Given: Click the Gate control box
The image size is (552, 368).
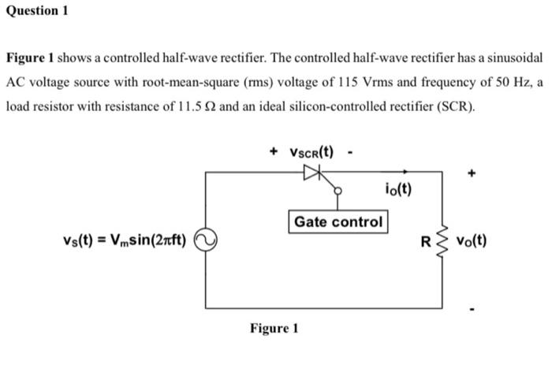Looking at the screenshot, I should point(338,222).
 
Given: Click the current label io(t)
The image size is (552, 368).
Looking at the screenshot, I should point(397,190).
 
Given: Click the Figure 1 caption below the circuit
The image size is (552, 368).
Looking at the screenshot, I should point(274,328).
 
